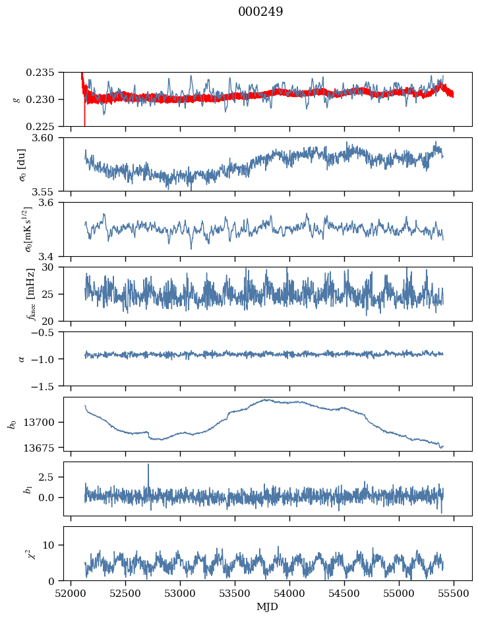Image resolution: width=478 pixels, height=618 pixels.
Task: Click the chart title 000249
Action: coord(260,12)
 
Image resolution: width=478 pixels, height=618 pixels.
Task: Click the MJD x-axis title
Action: coord(268,606)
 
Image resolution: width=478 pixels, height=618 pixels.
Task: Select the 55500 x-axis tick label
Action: coord(454,592)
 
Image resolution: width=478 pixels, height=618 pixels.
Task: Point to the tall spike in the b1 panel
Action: coord(148,465)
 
